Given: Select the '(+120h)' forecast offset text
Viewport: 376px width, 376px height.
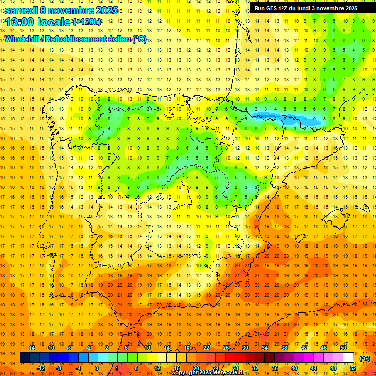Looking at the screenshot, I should point(87,22).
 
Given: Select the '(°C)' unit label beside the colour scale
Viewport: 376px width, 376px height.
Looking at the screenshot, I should point(365,358).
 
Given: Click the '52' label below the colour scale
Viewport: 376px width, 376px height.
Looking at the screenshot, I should point(353,368).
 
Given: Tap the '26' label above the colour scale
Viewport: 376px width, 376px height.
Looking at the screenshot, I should point(226,348).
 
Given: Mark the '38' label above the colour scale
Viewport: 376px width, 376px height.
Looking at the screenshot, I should point(284,348).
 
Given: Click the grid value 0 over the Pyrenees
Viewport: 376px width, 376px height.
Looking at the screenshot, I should point(314,118).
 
